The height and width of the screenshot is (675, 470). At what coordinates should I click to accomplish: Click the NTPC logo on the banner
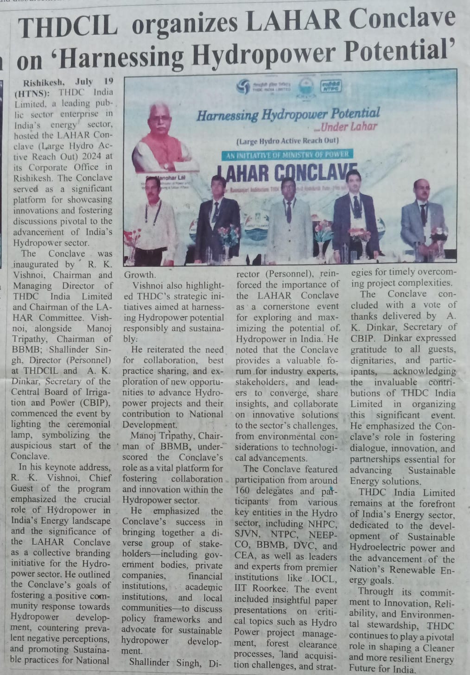[x=330, y=87]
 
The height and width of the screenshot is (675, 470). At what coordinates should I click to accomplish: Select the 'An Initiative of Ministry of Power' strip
[x=287, y=155]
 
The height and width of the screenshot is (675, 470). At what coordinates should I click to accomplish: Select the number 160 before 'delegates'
[x=244, y=491]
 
